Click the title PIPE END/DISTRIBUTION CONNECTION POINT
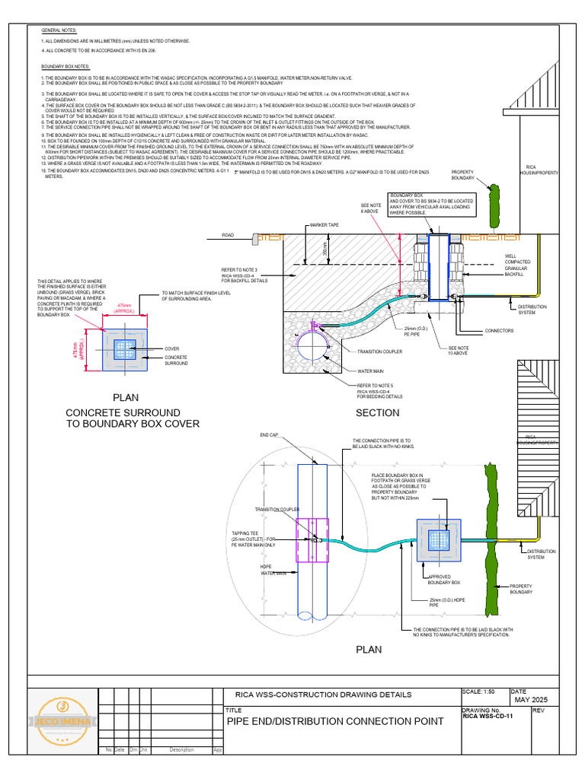334,721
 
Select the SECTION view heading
377,412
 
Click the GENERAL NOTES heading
59,30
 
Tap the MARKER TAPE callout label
324,226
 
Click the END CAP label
270,435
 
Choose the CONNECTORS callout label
500,331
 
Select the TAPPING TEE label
247,538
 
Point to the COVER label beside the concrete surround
172,349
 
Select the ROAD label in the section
228,236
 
